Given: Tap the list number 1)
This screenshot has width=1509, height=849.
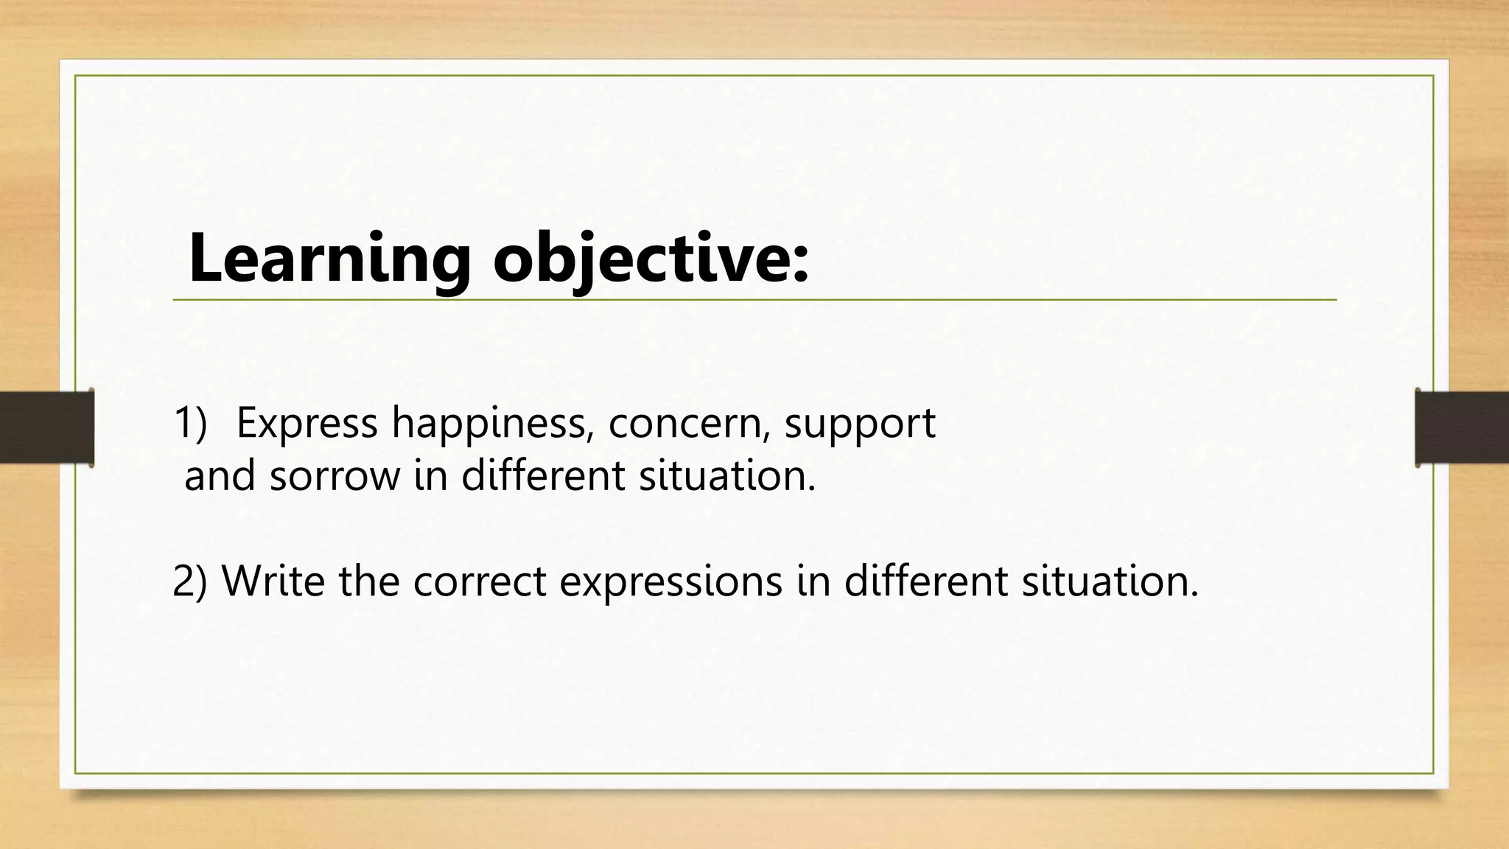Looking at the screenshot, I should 191,423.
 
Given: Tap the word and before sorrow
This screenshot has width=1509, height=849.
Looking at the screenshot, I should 219,476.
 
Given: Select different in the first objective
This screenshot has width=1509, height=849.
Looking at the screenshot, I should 542,476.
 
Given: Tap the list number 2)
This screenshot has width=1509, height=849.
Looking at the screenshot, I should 190,581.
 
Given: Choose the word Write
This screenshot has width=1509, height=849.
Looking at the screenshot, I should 273,581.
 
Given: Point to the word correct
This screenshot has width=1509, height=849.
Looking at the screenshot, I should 480,581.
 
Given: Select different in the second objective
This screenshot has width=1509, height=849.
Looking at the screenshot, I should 925,581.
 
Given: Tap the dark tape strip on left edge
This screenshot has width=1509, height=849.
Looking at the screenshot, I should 46,427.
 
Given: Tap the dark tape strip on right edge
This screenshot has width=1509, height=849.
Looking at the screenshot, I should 1462,427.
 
